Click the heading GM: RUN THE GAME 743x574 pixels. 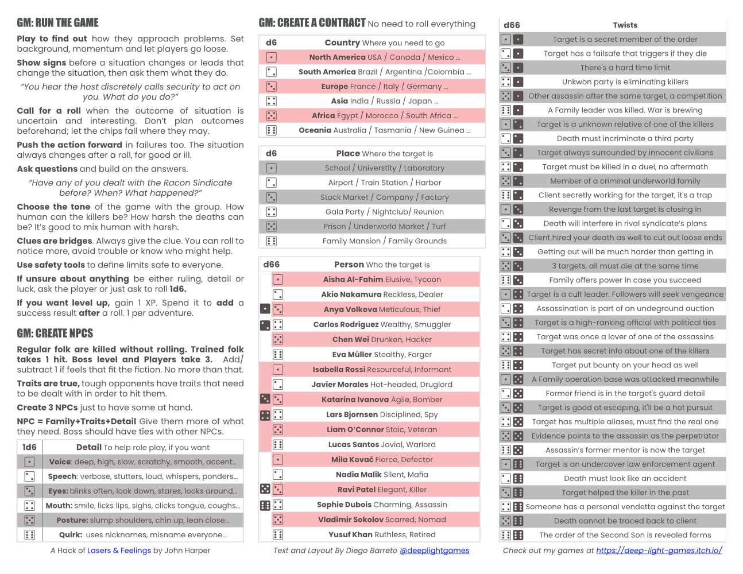57,23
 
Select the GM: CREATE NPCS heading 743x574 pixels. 55,333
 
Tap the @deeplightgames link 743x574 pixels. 434,550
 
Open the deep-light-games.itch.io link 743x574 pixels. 659,550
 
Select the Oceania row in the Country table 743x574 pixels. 384,130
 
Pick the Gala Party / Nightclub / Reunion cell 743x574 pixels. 384,212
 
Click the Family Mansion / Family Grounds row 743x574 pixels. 384,241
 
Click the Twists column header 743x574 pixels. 625,25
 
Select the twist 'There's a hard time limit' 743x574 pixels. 625,68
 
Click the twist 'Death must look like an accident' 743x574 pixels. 625,478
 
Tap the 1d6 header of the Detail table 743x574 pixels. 29,447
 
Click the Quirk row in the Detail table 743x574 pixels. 142,534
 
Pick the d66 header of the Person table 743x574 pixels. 271,265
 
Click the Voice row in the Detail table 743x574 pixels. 142,461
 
